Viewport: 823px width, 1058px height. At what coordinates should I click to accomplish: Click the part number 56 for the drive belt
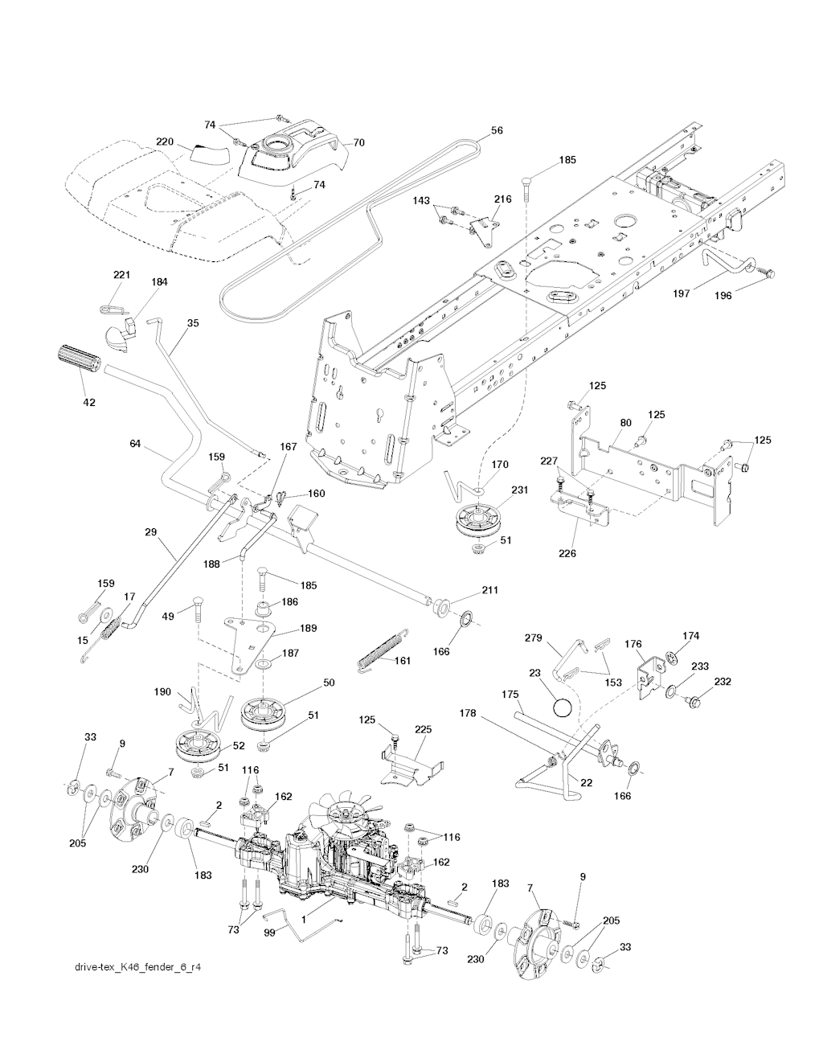coord(497,130)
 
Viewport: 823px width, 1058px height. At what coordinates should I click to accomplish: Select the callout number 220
coord(165,141)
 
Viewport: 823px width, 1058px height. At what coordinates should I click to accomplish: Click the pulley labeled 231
coord(479,520)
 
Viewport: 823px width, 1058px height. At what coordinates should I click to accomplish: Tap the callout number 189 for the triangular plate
coord(307,628)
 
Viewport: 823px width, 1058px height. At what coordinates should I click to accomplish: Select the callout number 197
coord(681,293)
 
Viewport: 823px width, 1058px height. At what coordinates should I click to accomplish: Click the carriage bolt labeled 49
coord(197,609)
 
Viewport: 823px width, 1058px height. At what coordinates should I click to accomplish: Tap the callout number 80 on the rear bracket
coord(626,423)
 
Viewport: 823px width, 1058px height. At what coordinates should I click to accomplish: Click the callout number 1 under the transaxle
coord(304,920)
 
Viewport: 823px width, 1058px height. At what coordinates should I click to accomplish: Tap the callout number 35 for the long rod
coord(193,323)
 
